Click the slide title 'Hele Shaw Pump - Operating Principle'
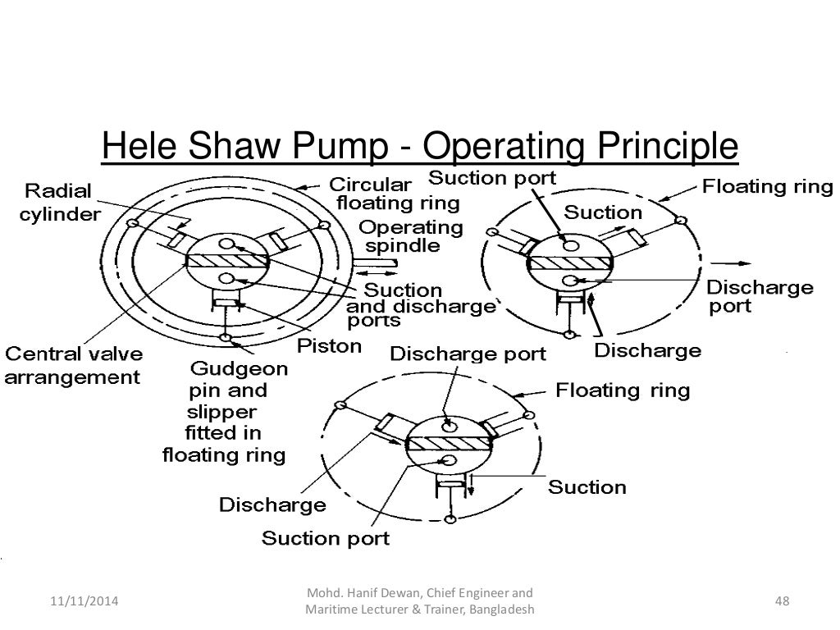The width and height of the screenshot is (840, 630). pos(420,148)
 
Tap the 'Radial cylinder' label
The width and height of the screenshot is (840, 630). pos(62,203)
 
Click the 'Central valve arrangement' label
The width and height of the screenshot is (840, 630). pos(74,366)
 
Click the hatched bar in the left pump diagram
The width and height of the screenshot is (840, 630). pos(230,262)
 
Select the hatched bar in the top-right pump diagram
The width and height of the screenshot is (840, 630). pos(570,262)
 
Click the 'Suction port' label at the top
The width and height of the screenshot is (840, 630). pos(492,177)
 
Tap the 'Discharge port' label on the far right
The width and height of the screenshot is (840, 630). pos(760,297)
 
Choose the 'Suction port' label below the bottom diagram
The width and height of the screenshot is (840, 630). pos(325,538)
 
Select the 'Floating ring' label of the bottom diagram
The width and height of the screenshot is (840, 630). pos(623,389)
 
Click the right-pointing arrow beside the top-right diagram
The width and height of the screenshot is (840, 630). pos(733,263)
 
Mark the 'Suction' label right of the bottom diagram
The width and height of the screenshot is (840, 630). pos(587,487)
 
